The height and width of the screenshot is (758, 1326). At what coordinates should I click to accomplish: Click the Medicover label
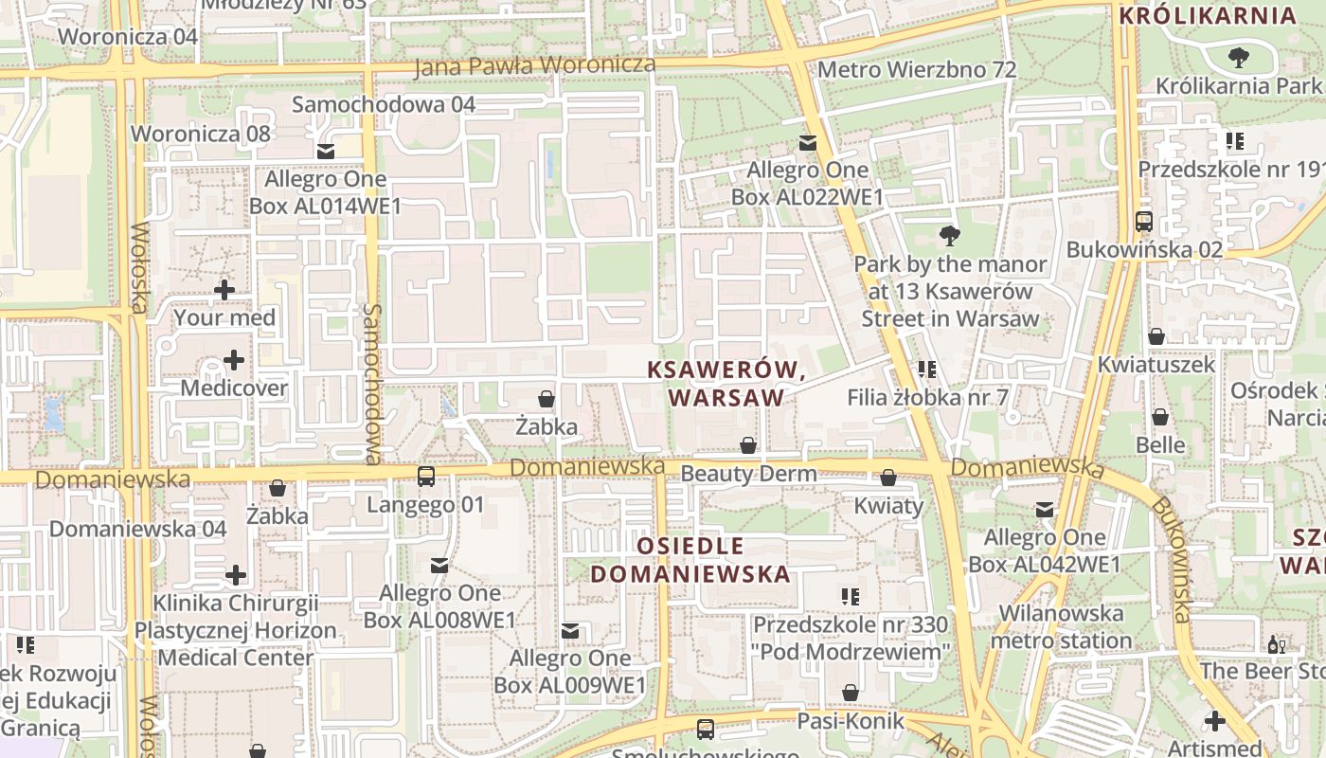tap(233, 388)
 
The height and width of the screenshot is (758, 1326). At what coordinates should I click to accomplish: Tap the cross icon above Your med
tap(224, 289)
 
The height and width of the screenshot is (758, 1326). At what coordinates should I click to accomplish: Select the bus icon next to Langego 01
tap(426, 477)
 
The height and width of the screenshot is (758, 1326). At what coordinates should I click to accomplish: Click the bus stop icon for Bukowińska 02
tap(1144, 222)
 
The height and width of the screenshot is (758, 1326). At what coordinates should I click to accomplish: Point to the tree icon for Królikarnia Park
tap(1237, 59)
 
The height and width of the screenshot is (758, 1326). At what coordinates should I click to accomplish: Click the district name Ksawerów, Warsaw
tap(726, 384)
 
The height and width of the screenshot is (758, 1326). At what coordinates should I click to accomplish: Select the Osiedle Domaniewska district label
tap(690, 560)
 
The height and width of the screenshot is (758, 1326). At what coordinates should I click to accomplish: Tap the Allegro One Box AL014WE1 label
tap(325, 192)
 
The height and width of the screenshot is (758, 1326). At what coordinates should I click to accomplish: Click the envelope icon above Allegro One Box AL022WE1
tap(807, 143)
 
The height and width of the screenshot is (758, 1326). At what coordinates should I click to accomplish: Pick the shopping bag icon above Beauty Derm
tap(748, 445)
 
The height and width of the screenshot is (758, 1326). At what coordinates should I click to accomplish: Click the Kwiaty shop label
tap(888, 506)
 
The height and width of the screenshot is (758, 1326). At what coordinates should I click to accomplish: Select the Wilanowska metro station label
tap(1061, 626)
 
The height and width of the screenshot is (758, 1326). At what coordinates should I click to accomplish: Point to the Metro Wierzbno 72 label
tap(916, 70)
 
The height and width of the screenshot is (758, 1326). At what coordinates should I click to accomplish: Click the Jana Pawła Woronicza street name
tap(535, 65)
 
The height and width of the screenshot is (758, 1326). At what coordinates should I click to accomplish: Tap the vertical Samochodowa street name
tap(372, 384)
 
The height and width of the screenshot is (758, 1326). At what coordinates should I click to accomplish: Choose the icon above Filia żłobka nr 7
tap(926, 370)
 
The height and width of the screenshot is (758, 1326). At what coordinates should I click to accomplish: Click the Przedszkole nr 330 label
tap(850, 625)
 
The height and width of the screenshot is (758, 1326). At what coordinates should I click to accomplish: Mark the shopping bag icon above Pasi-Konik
tap(851, 694)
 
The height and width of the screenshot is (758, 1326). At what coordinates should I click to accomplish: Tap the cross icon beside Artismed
tap(1214, 721)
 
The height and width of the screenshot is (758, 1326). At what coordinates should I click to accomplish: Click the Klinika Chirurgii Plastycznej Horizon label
tap(235, 617)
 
